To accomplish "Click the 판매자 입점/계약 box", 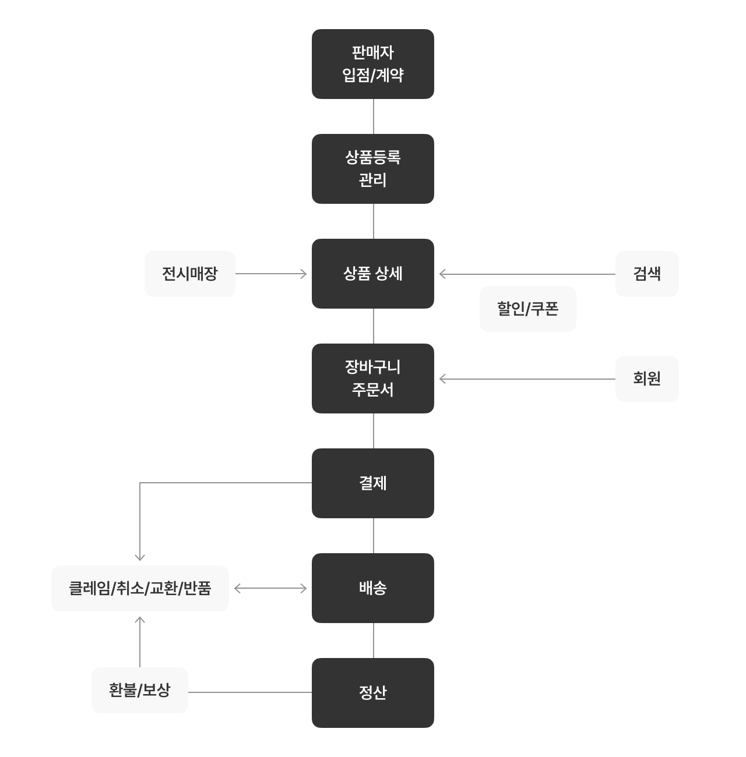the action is pyautogui.click(x=373, y=63).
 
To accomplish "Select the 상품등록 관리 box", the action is pyautogui.click(x=373, y=168).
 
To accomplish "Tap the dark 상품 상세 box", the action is pyautogui.click(x=373, y=274).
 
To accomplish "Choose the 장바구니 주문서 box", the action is pyautogui.click(x=373, y=378).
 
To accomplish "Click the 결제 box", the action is pyautogui.click(x=373, y=483).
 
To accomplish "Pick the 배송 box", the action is pyautogui.click(x=373, y=588).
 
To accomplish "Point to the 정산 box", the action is pyautogui.click(x=373, y=693).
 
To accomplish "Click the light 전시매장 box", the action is pyautogui.click(x=190, y=274).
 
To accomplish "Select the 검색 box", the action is pyautogui.click(x=647, y=274).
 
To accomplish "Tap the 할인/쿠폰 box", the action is pyautogui.click(x=528, y=309).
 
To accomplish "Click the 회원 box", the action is pyautogui.click(x=647, y=378).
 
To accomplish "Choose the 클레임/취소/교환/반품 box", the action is pyautogui.click(x=140, y=588).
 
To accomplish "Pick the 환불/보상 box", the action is pyautogui.click(x=140, y=690).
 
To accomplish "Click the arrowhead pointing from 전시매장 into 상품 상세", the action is pyautogui.click(x=304, y=274).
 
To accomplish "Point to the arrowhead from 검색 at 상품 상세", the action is pyautogui.click(x=442, y=274).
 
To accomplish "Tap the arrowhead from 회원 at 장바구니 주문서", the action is pyautogui.click(x=442, y=379).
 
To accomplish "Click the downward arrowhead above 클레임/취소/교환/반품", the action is pyautogui.click(x=140, y=558).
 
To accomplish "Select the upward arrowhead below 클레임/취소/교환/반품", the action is pyautogui.click(x=140, y=620).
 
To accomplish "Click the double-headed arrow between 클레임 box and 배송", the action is pyautogui.click(x=270, y=589).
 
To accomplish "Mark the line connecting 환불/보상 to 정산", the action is pyautogui.click(x=250, y=692).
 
